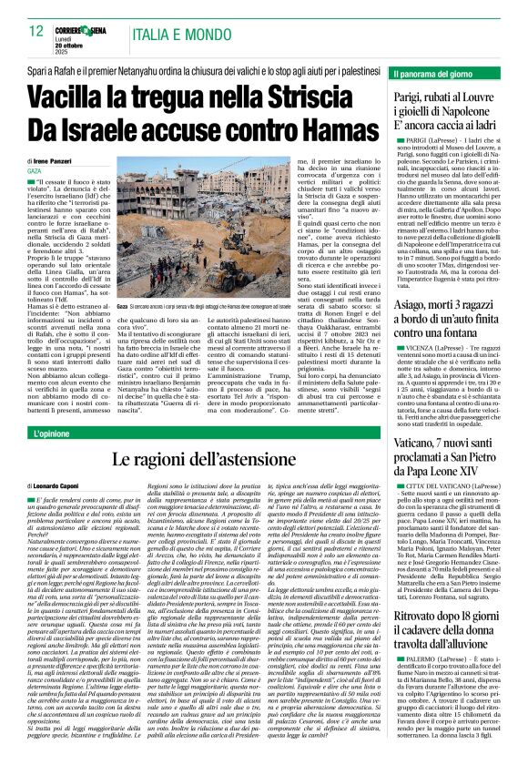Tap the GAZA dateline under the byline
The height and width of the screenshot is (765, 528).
tap(34, 170)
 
